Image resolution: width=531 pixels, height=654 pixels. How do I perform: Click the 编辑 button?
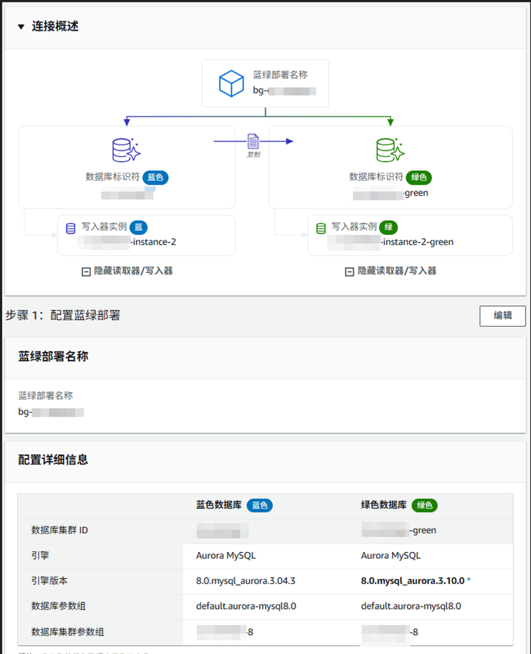(x=502, y=316)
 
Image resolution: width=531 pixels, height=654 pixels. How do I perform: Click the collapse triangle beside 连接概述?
(x=21, y=27)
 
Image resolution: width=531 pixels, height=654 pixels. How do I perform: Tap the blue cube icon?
(x=231, y=83)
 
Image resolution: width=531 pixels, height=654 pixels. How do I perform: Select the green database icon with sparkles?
(x=389, y=150)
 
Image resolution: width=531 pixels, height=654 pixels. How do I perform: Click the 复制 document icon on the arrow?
(x=253, y=142)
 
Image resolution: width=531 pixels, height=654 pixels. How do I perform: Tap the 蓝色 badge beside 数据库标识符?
(x=155, y=177)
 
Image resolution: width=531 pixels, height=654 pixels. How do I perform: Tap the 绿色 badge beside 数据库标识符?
(x=419, y=177)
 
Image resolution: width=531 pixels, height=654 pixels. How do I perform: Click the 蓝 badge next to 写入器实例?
(x=138, y=227)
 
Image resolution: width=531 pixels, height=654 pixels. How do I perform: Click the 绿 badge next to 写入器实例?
(x=389, y=227)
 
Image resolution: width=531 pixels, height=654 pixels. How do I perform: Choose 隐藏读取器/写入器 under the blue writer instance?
(x=127, y=271)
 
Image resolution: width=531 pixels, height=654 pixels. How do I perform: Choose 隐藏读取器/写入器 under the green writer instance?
(x=391, y=271)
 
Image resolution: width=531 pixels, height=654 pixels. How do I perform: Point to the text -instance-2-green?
(x=418, y=242)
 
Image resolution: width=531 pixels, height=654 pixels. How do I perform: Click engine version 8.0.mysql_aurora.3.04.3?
(x=246, y=581)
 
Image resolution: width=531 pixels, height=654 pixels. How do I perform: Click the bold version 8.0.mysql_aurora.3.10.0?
(x=413, y=581)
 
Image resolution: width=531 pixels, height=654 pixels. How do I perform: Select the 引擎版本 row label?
(x=49, y=581)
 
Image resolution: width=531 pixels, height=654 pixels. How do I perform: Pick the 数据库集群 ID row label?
(x=60, y=531)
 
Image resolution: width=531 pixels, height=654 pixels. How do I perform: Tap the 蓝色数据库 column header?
(x=219, y=505)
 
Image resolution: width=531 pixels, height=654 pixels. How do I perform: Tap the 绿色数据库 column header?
(x=384, y=505)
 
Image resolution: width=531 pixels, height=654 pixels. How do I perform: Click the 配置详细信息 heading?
(x=53, y=460)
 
